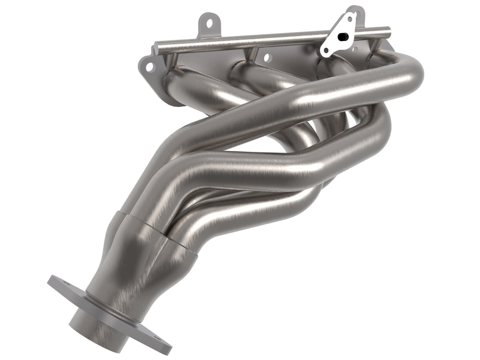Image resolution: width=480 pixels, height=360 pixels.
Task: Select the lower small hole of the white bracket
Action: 327,50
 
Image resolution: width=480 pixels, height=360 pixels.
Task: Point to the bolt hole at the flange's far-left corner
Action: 149,68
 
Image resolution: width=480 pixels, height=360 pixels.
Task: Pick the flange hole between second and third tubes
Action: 267,58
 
